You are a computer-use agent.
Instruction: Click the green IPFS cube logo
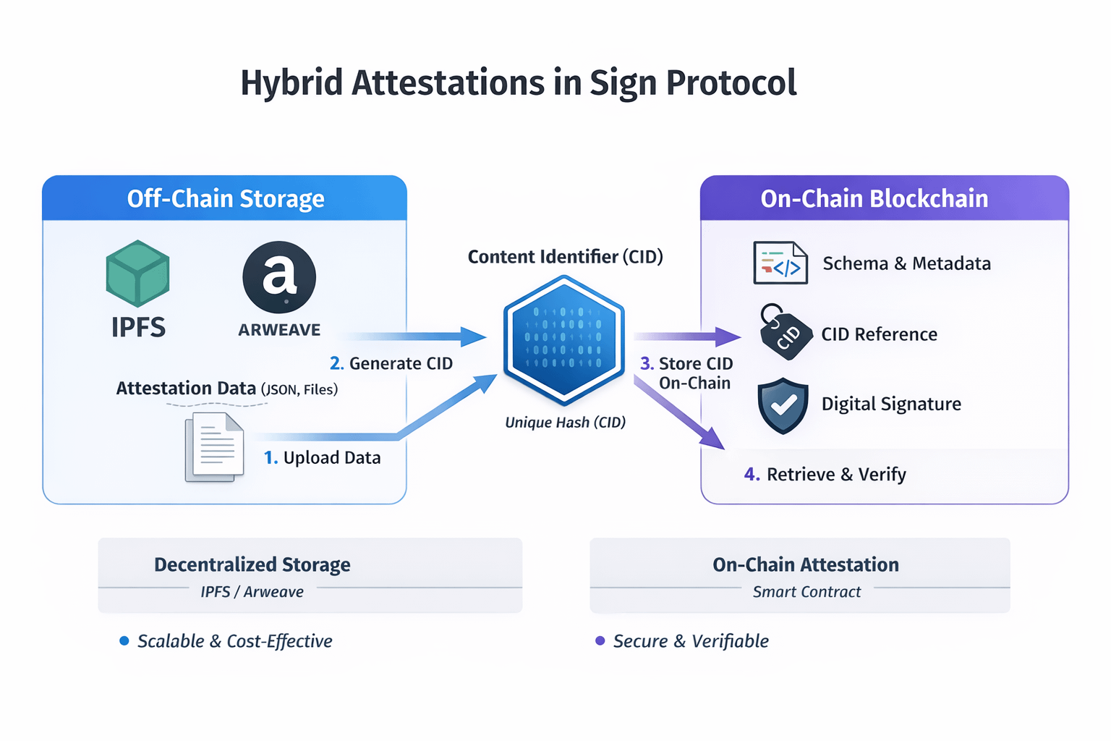click(x=137, y=274)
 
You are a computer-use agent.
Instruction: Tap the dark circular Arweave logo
click(x=279, y=277)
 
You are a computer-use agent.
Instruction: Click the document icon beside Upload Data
click(x=214, y=446)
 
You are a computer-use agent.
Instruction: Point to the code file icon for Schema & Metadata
click(x=780, y=263)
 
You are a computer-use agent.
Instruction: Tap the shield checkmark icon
click(x=783, y=405)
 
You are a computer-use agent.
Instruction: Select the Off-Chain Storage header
click(x=225, y=198)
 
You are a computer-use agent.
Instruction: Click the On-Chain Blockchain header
click(x=874, y=198)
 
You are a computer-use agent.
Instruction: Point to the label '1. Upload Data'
click(x=322, y=458)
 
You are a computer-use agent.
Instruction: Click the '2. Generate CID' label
click(x=391, y=363)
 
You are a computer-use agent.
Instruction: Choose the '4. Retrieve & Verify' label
click(x=825, y=475)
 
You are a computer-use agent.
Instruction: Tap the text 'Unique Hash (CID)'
click(x=565, y=423)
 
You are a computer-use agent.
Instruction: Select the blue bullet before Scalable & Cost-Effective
click(x=124, y=640)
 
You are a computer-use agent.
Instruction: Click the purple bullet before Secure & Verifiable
click(x=600, y=640)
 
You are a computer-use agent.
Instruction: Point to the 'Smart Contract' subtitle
click(x=806, y=592)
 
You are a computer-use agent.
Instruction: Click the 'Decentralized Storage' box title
click(x=252, y=564)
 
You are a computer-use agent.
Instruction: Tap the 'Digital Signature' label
click(x=891, y=404)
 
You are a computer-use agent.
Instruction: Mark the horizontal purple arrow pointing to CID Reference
click(x=687, y=336)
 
